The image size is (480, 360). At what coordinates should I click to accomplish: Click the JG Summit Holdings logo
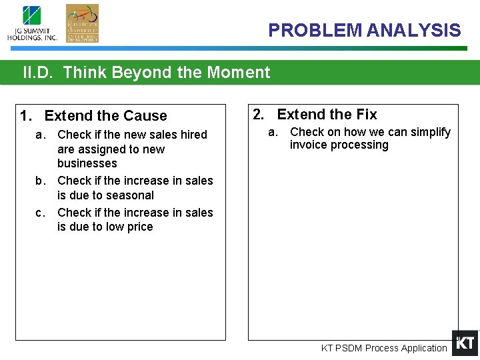click(32, 23)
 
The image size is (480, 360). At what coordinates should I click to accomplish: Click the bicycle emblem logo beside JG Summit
click(82, 23)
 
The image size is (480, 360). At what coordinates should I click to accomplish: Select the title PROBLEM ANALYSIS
click(364, 30)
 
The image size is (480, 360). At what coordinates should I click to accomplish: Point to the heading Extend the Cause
click(105, 116)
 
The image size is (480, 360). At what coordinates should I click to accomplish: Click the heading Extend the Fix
click(327, 115)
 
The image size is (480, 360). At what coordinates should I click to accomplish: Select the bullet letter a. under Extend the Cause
click(41, 135)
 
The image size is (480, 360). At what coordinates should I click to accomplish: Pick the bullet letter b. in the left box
click(41, 181)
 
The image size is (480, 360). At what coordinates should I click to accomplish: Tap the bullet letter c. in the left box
click(41, 213)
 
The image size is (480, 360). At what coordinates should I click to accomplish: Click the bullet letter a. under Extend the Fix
click(273, 132)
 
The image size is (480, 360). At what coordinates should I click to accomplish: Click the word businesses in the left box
click(87, 163)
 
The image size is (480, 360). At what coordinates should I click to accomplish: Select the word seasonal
click(131, 195)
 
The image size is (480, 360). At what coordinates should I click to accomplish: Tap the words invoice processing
click(339, 145)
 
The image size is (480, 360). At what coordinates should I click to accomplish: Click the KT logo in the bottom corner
click(465, 343)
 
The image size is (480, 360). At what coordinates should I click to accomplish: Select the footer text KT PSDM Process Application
click(384, 348)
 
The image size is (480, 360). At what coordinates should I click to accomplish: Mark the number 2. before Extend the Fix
click(260, 115)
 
